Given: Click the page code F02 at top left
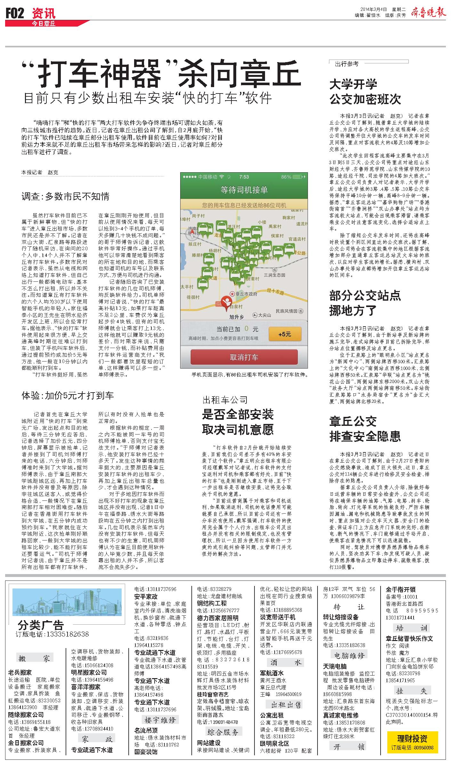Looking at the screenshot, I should coord(15,13).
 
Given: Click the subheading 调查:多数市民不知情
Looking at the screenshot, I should coord(65,196).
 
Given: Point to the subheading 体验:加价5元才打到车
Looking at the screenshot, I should coord(68,395).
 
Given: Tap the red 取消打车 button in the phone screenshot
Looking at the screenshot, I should coord(244,357).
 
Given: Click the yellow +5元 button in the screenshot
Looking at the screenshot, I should coord(285,334).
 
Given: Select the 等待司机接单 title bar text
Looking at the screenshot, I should coord(244,190).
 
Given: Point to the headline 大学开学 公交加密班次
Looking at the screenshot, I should coord(365,92).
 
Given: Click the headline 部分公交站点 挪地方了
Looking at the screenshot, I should coord(365,303).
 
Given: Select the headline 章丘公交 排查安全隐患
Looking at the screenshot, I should coord(365,429).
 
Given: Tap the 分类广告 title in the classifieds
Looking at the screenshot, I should coord(41,625).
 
